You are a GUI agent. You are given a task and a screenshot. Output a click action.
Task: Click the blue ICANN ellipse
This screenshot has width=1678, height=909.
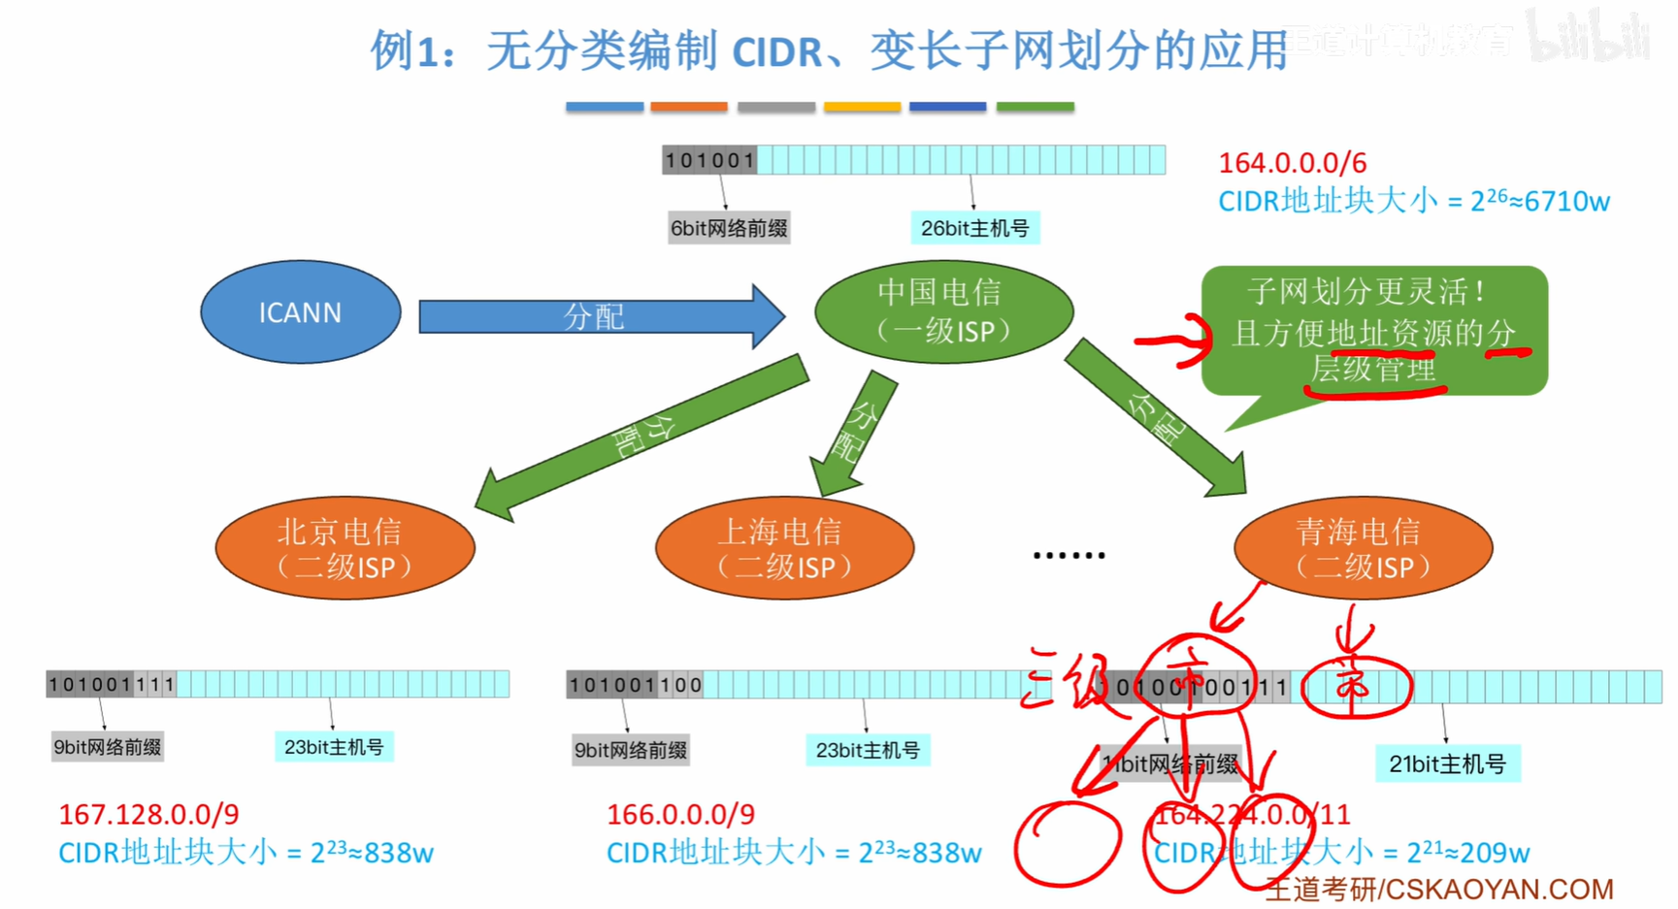pyautogui.click(x=300, y=312)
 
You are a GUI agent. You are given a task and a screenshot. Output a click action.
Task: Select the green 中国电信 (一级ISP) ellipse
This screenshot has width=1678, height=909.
pyautogui.click(x=943, y=311)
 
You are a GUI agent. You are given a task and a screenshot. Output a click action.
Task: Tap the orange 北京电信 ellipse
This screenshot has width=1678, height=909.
pyautogui.click(x=345, y=548)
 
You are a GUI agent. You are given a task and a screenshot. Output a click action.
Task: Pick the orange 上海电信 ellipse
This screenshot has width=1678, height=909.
pyautogui.click(x=784, y=548)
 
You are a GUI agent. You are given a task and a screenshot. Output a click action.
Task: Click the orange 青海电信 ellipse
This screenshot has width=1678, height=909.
pyautogui.click(x=1363, y=548)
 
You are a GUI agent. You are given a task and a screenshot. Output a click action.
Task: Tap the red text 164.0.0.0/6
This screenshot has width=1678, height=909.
pyautogui.click(x=1292, y=163)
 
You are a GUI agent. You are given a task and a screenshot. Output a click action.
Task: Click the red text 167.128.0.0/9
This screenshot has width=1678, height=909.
pyautogui.click(x=148, y=814)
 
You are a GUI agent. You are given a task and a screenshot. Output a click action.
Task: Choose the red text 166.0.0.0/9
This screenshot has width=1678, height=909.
pyautogui.click(x=680, y=814)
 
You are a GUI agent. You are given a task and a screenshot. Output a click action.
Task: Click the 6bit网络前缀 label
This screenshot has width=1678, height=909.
pyautogui.click(x=729, y=229)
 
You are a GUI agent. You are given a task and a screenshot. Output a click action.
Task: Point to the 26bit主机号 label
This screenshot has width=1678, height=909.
pyautogui.click(x=974, y=229)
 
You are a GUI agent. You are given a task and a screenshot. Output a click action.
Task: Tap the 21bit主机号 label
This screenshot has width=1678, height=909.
pyautogui.click(x=1447, y=764)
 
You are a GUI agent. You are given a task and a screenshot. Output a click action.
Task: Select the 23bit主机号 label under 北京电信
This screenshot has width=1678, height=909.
pyautogui.click(x=334, y=747)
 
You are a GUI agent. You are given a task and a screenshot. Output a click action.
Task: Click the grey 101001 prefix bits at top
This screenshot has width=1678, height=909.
pyautogui.click(x=709, y=160)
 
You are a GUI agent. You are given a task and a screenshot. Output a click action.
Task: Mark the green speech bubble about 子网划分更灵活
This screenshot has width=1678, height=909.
pyautogui.click(x=1373, y=330)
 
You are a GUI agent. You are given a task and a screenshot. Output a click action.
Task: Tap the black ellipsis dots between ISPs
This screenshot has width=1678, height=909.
pyautogui.click(x=1069, y=555)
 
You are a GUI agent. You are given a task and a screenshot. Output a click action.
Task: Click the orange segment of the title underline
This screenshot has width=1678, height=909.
pyautogui.click(x=689, y=107)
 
